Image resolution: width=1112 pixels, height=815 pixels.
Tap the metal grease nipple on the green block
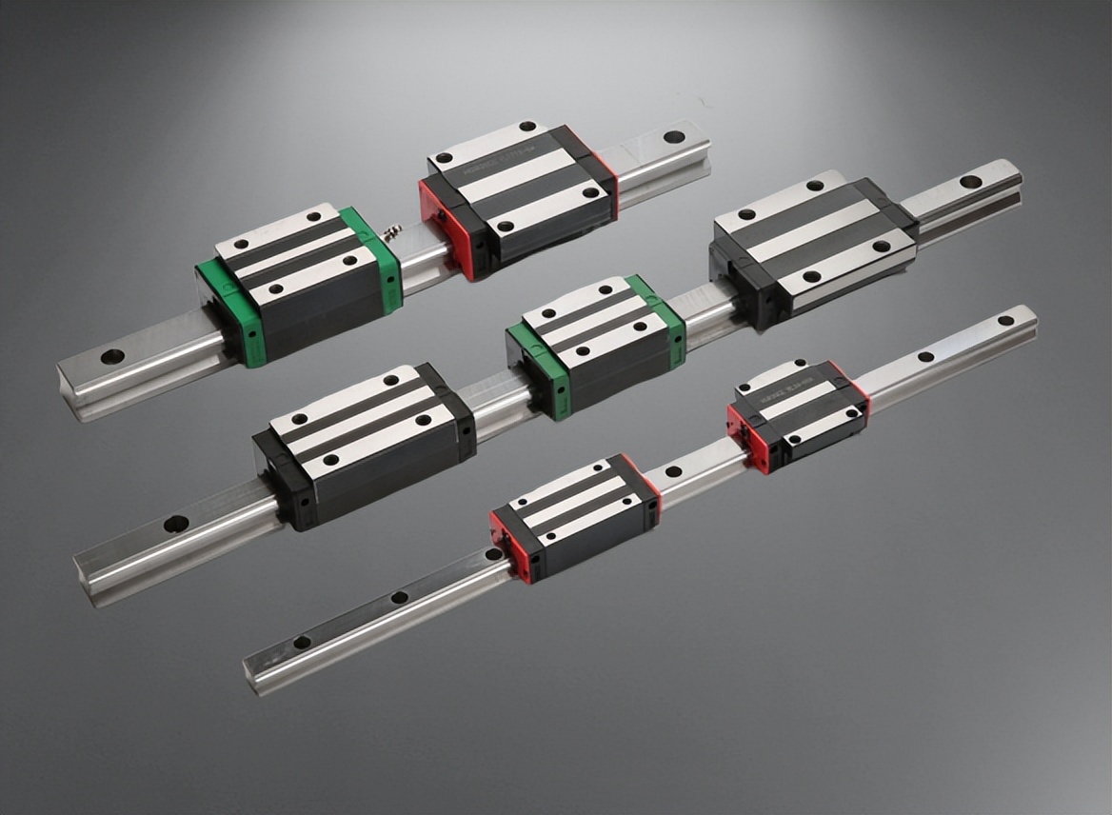coord(390,230)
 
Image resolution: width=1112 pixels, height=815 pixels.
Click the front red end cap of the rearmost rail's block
coord(446,229)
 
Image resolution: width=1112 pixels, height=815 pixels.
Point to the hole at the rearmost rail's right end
coord(674,136)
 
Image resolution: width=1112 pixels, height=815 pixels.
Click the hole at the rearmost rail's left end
coord(112,356)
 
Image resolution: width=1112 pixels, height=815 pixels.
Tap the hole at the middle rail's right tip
coord(970,181)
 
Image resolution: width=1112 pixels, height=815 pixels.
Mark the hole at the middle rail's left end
coord(175,524)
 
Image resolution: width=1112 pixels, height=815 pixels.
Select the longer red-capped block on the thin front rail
coord(576,515)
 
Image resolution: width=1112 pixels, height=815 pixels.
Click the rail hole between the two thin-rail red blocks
coord(673,471)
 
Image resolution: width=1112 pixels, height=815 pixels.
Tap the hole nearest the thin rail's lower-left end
coord(302,642)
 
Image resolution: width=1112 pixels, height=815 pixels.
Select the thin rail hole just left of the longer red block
coord(493,554)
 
